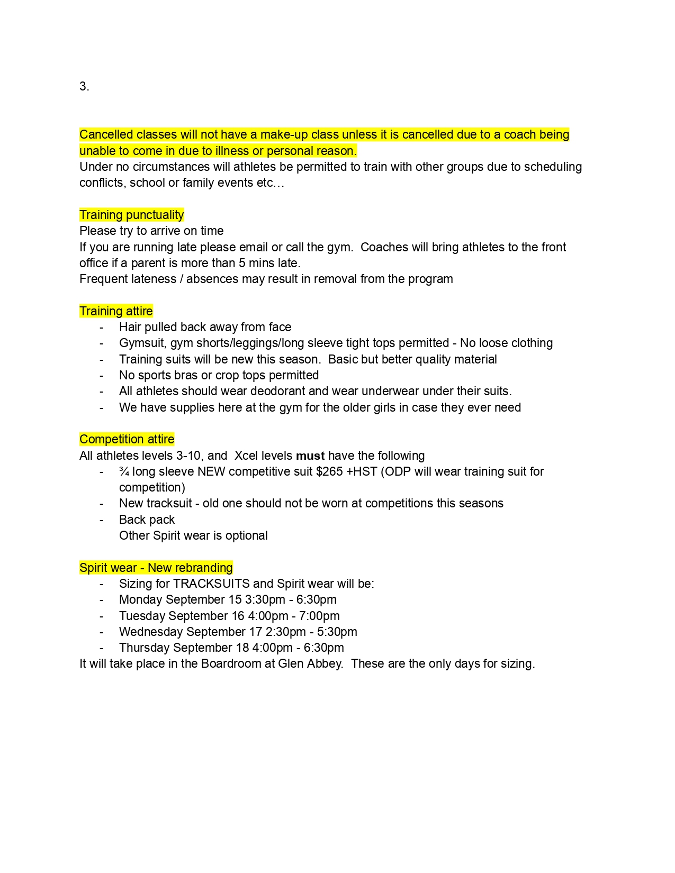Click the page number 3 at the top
tap(84, 87)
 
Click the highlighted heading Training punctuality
tap(131, 215)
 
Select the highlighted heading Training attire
tap(116, 311)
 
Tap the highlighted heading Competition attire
tap(127, 439)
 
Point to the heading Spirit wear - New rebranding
tap(156, 568)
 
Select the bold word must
tap(310, 456)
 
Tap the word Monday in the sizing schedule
tap(140, 599)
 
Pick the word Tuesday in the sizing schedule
tap(142, 616)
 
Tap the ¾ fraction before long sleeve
tap(124, 471)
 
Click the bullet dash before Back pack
tap(102, 520)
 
